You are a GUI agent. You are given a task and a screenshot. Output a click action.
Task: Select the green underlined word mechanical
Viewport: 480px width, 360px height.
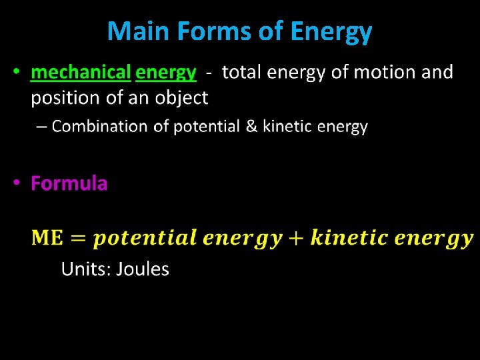tap(81, 72)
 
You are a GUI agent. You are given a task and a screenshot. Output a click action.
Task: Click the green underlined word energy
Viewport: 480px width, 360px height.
tap(166, 73)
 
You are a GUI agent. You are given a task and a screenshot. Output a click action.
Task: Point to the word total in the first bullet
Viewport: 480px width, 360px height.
tap(243, 72)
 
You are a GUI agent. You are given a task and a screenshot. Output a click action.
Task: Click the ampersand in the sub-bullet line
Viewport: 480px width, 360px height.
tap(251, 127)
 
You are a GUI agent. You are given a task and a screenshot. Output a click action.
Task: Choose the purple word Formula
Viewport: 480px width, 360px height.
tap(69, 183)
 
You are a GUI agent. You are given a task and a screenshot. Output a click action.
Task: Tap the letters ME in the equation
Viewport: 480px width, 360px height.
tap(47, 237)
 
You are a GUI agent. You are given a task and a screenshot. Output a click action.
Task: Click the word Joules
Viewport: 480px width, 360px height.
tap(143, 269)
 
